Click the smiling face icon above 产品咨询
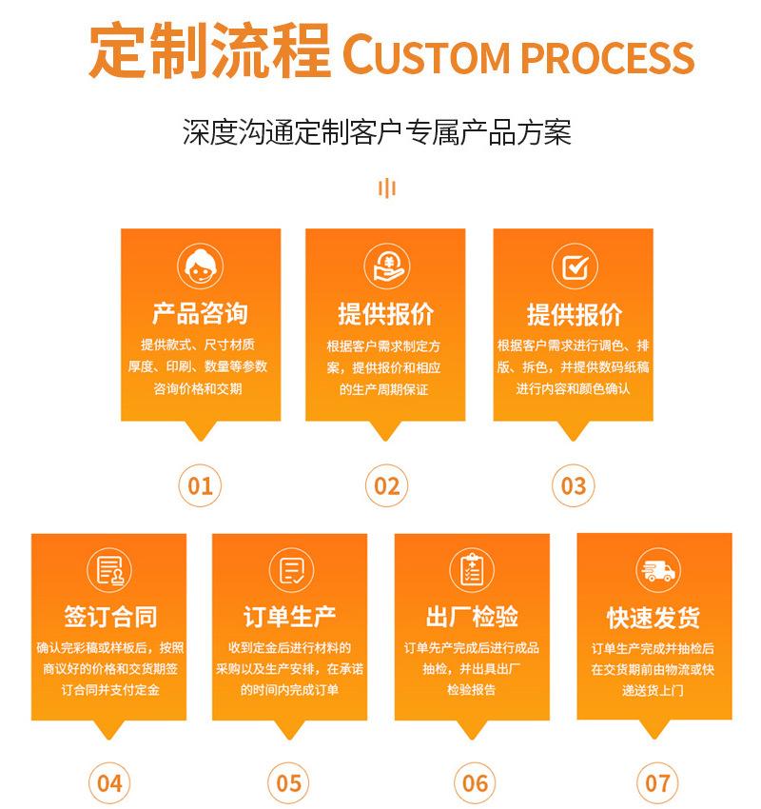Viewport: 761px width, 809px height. point(200,267)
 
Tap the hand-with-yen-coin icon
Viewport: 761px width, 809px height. point(386,267)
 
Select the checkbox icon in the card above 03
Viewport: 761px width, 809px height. point(574,267)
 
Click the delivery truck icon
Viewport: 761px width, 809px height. point(657,571)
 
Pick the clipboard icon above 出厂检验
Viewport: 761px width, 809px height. point(472,570)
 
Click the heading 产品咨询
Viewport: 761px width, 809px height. point(200,314)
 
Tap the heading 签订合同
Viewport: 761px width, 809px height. point(109,617)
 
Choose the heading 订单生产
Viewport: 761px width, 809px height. point(289,617)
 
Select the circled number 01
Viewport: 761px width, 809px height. point(200,486)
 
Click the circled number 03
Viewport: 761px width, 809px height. point(574,486)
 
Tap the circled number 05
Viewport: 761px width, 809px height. point(289,783)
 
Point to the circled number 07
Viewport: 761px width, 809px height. point(657,783)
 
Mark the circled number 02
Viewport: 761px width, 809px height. point(386,486)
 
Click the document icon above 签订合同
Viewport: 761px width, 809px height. point(109,571)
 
